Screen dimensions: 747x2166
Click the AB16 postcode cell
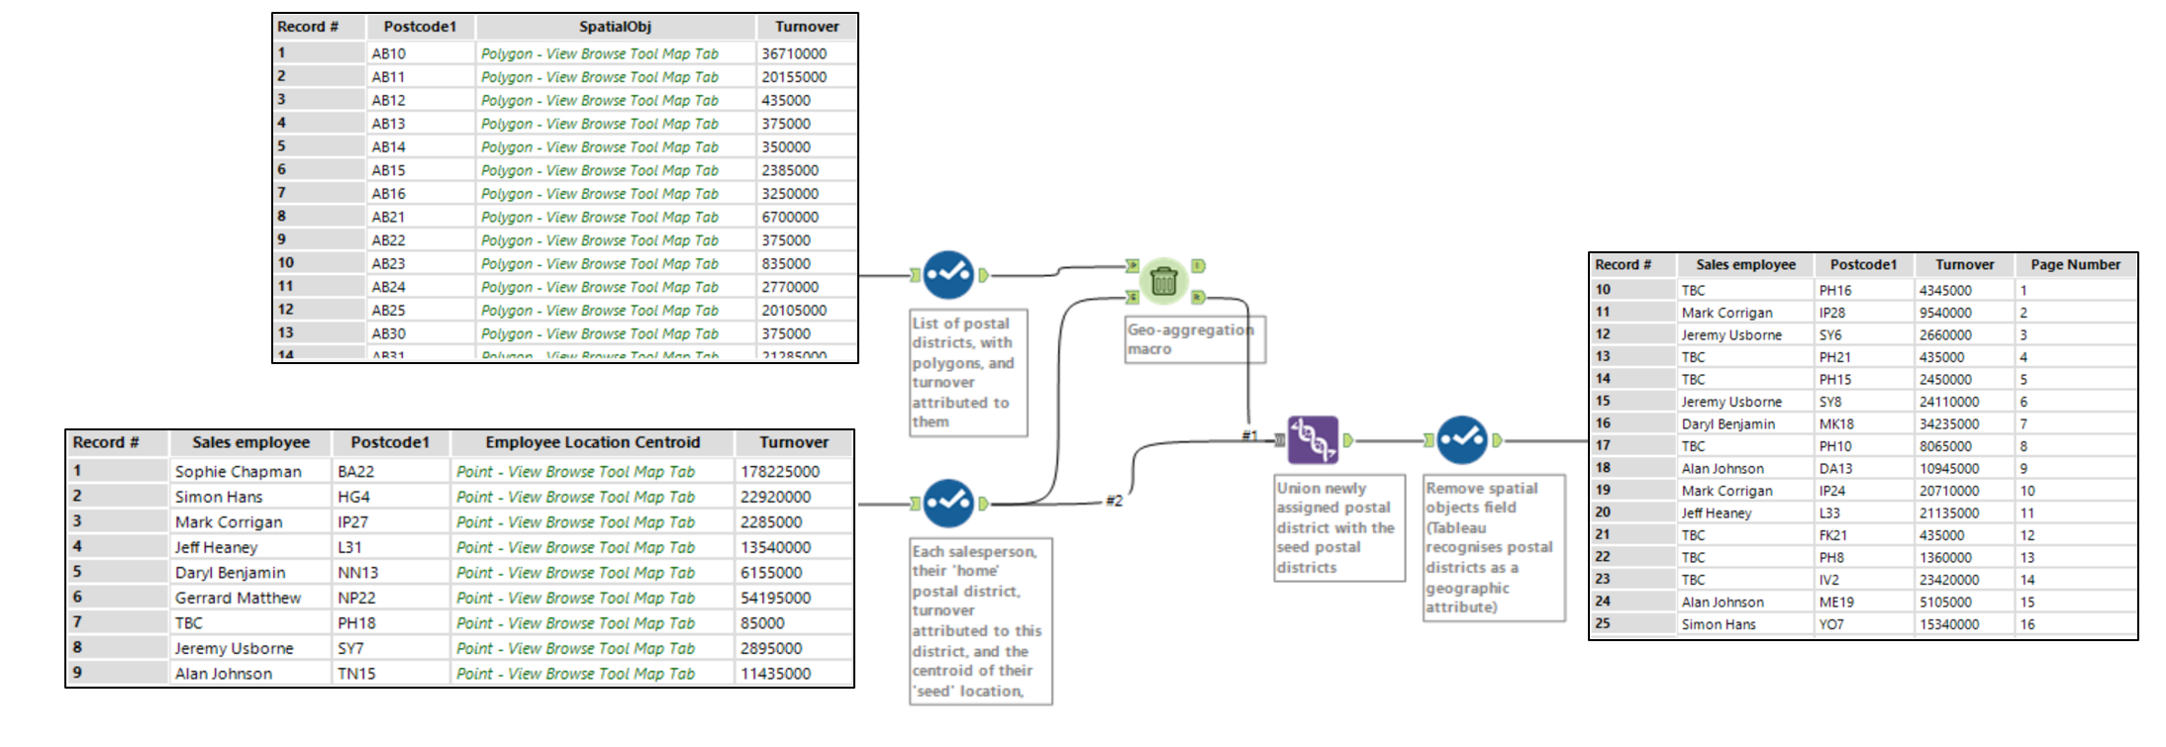pos(389,194)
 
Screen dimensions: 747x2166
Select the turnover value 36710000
pos(794,53)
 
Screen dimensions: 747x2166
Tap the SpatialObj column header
pos(615,27)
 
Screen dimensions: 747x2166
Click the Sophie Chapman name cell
pos(238,472)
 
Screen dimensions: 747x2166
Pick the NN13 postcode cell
pos(358,573)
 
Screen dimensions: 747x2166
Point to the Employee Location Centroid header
pos(592,442)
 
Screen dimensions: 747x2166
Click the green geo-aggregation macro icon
pos(1163,281)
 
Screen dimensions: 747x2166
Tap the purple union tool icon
pos(1313,440)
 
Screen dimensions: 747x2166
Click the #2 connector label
pos(1115,501)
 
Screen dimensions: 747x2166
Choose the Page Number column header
pos(2075,264)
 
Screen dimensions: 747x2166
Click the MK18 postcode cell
pos(1836,423)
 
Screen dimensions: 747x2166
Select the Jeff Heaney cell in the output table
pos(1716,513)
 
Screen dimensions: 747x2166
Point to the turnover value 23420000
pos(1948,580)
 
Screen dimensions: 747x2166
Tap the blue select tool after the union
pos(1462,440)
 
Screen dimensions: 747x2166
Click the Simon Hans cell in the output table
pos(1718,624)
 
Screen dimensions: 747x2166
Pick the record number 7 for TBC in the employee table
pos(77,622)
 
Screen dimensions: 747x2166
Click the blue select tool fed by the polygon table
pos(948,275)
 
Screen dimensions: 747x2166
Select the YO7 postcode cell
pos(1831,624)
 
